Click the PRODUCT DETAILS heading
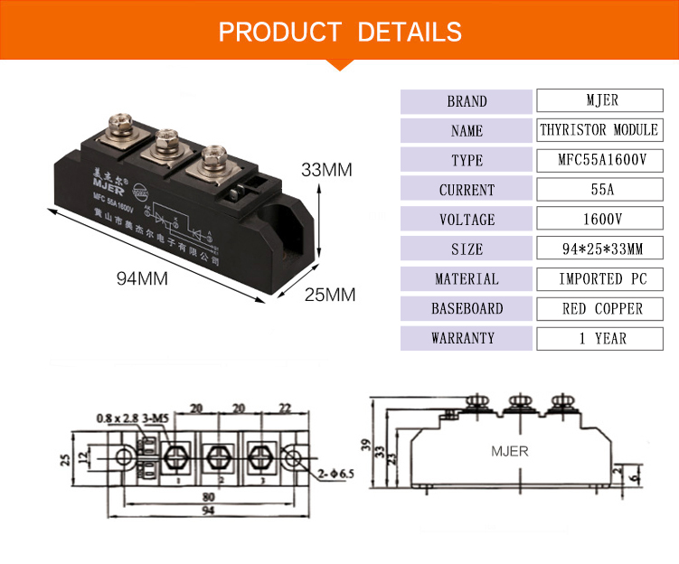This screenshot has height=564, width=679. [340, 33]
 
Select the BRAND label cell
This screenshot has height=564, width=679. [467, 101]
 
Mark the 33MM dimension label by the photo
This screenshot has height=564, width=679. [326, 170]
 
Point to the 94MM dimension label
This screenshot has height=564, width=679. [142, 278]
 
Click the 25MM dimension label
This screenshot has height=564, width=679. [329, 295]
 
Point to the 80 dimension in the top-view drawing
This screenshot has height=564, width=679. [208, 495]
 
